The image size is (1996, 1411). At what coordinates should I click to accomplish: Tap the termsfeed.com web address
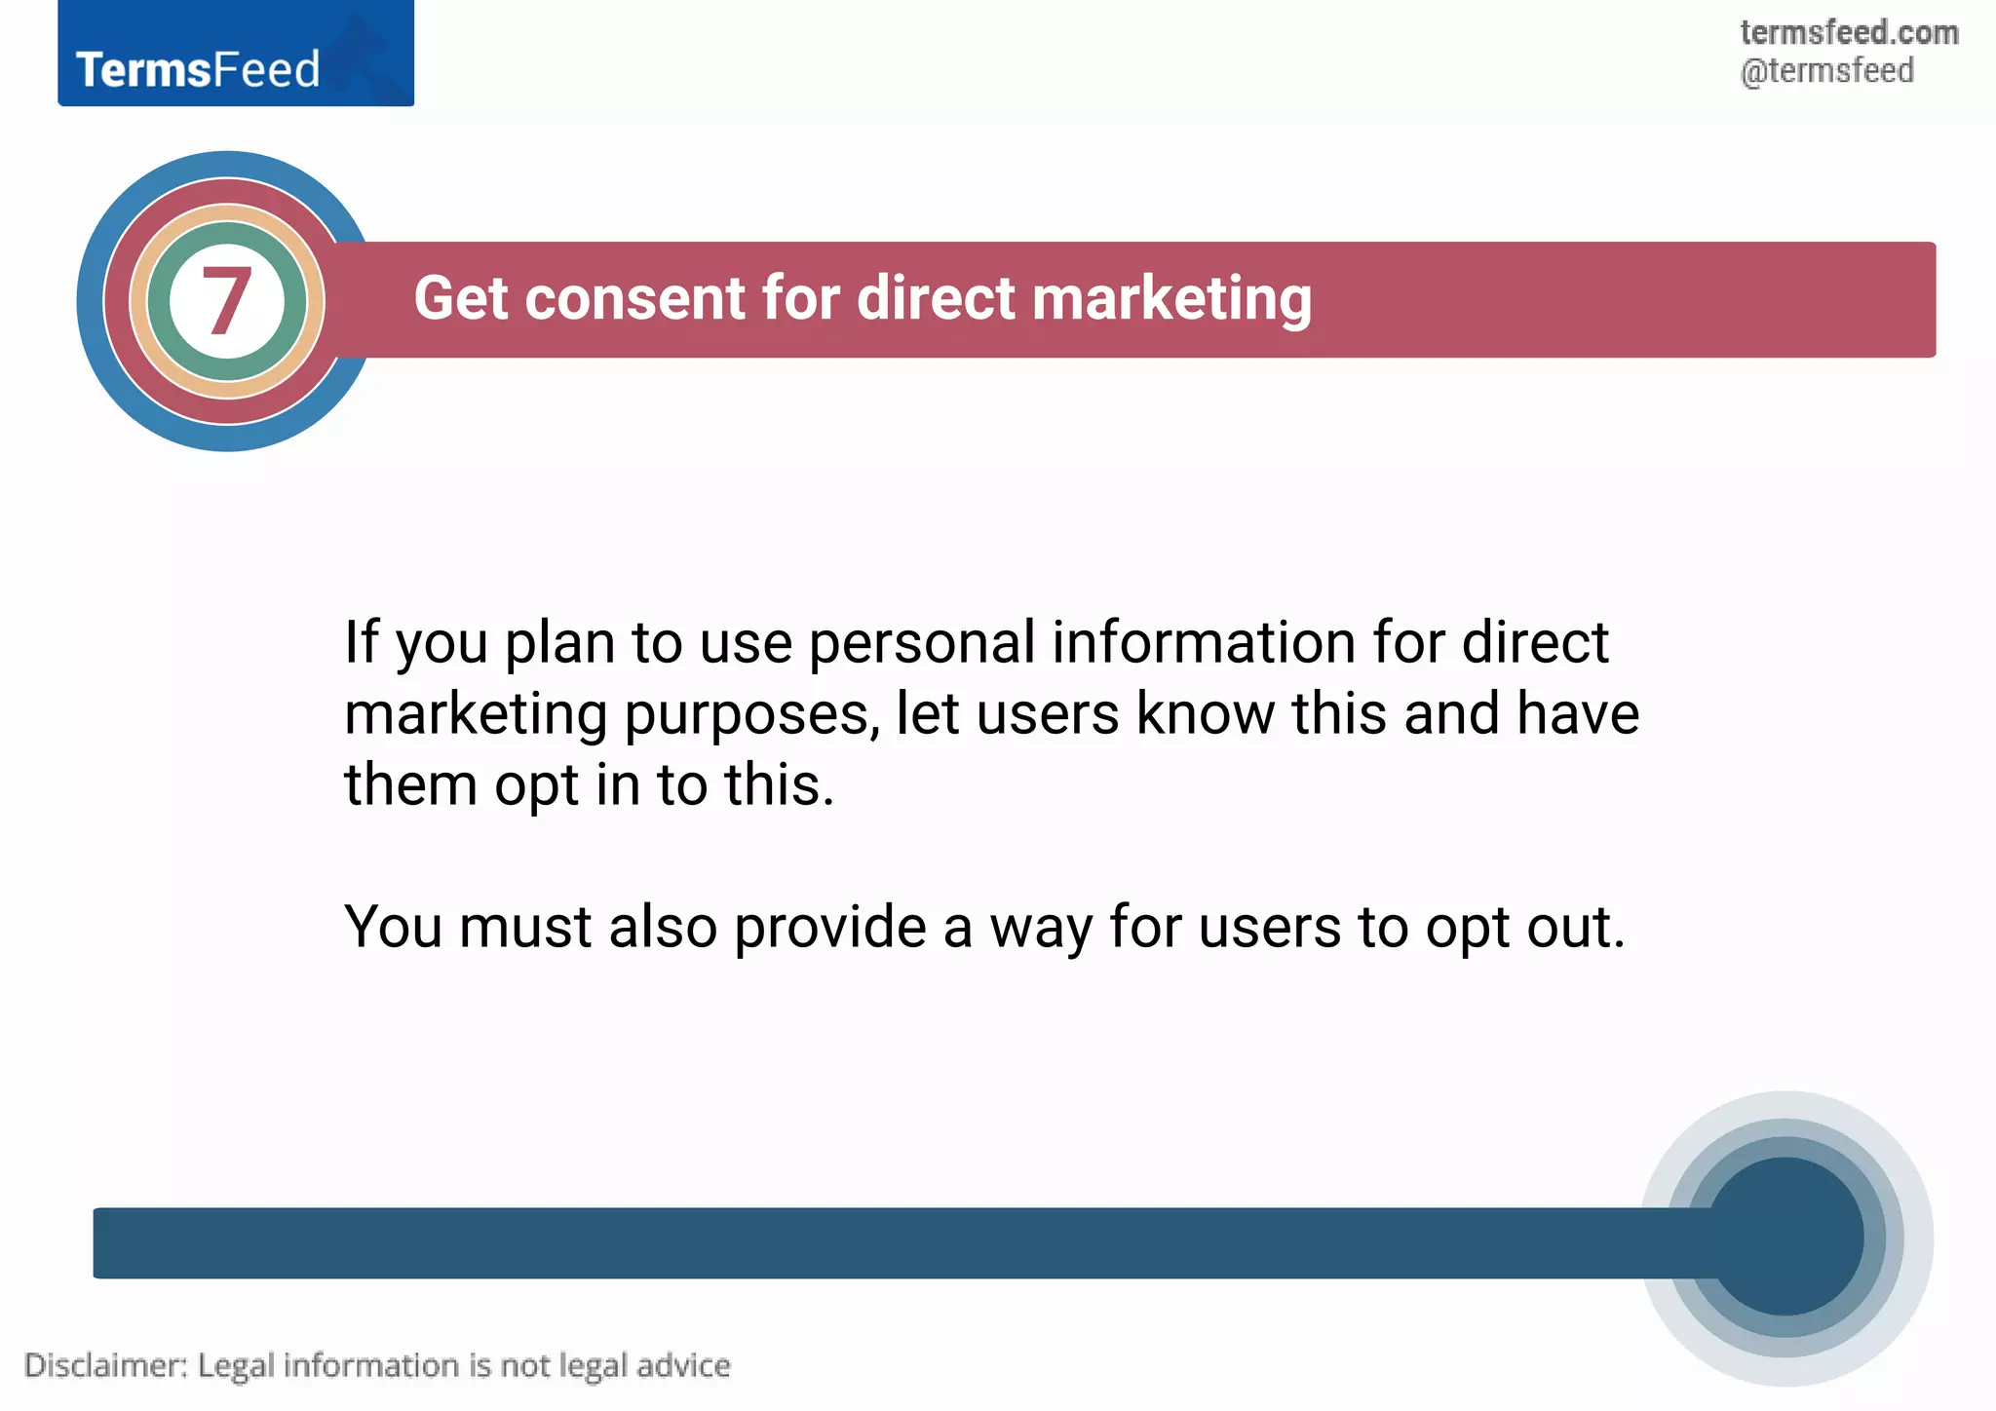(1848, 32)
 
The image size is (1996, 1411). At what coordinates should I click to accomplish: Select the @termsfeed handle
(1826, 71)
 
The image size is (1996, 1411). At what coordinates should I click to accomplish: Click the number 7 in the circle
(226, 301)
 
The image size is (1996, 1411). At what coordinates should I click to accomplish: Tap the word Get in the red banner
(459, 298)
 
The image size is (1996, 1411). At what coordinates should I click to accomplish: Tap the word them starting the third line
(410, 784)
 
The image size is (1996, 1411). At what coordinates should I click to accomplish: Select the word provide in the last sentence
(828, 928)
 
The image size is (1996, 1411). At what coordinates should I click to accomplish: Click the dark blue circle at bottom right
(1785, 1238)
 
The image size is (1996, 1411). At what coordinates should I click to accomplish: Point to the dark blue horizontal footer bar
(877, 1242)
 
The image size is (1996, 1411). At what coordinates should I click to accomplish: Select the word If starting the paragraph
(361, 643)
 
